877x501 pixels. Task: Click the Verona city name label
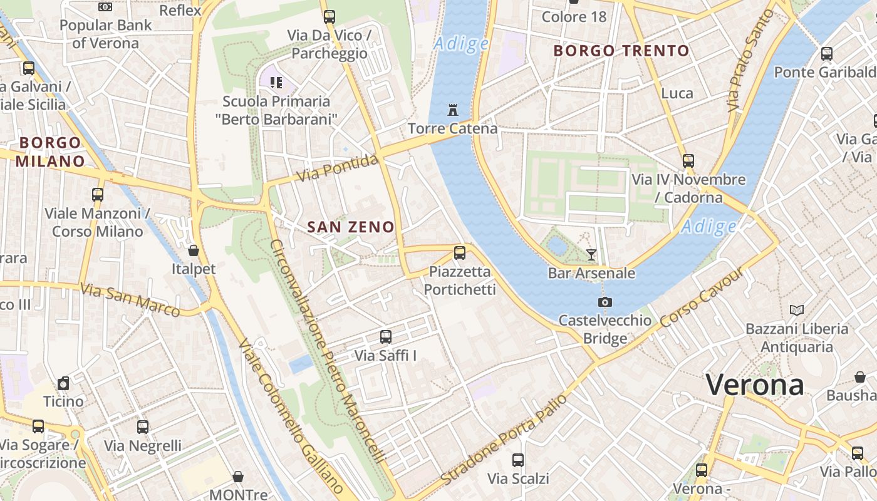click(x=755, y=385)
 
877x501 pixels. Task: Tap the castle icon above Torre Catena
click(x=452, y=110)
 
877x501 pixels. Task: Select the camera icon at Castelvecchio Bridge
click(x=605, y=302)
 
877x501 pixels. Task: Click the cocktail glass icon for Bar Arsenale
click(x=591, y=254)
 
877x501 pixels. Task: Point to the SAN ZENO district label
click(x=351, y=227)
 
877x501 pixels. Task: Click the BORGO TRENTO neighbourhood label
click(x=621, y=51)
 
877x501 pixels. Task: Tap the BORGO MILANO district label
click(x=50, y=152)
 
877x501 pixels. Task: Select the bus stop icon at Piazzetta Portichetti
click(x=460, y=253)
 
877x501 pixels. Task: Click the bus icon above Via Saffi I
click(x=386, y=337)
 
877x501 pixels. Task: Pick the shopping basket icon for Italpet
click(x=194, y=250)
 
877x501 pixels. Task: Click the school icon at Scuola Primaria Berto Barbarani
click(x=276, y=82)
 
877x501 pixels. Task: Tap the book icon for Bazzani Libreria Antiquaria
click(x=797, y=310)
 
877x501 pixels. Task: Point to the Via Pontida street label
click(x=337, y=168)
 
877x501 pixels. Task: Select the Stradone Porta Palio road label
click(x=504, y=438)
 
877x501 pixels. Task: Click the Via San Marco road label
click(x=130, y=300)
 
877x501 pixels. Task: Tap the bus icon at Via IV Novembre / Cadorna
click(x=688, y=161)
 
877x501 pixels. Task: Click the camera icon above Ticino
click(x=63, y=383)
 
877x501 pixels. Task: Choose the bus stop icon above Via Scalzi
click(x=518, y=460)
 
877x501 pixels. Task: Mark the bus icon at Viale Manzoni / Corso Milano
click(x=98, y=195)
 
